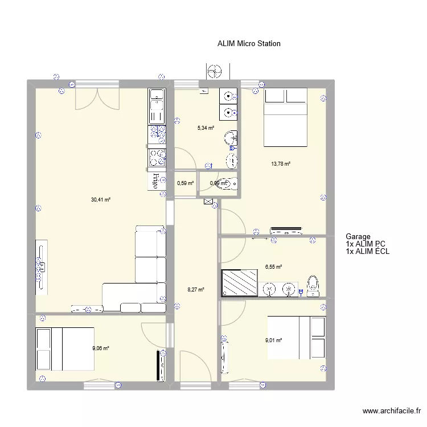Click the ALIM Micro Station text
tap(249, 43)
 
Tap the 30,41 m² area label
tap(100, 199)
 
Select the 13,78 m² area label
tap(281, 164)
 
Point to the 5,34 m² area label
tap(206, 128)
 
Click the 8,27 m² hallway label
tap(196, 289)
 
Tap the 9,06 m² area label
tap(100, 348)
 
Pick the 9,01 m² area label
tap(273, 340)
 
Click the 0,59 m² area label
tap(185, 183)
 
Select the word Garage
tap(358, 237)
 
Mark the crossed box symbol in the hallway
tap(208, 201)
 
